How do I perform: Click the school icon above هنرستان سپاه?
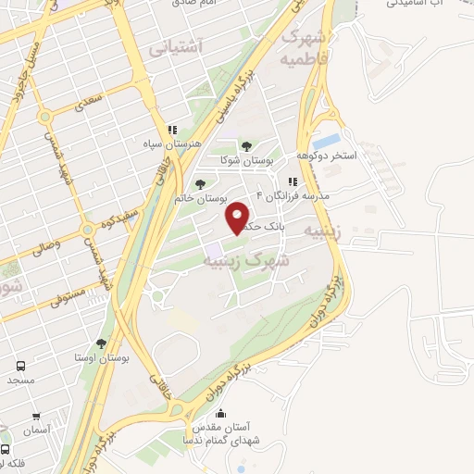tap(170, 131)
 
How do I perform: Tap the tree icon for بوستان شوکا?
tap(246, 145)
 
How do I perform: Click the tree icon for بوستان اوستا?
tap(102, 343)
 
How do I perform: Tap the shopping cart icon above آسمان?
tap(35, 417)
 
